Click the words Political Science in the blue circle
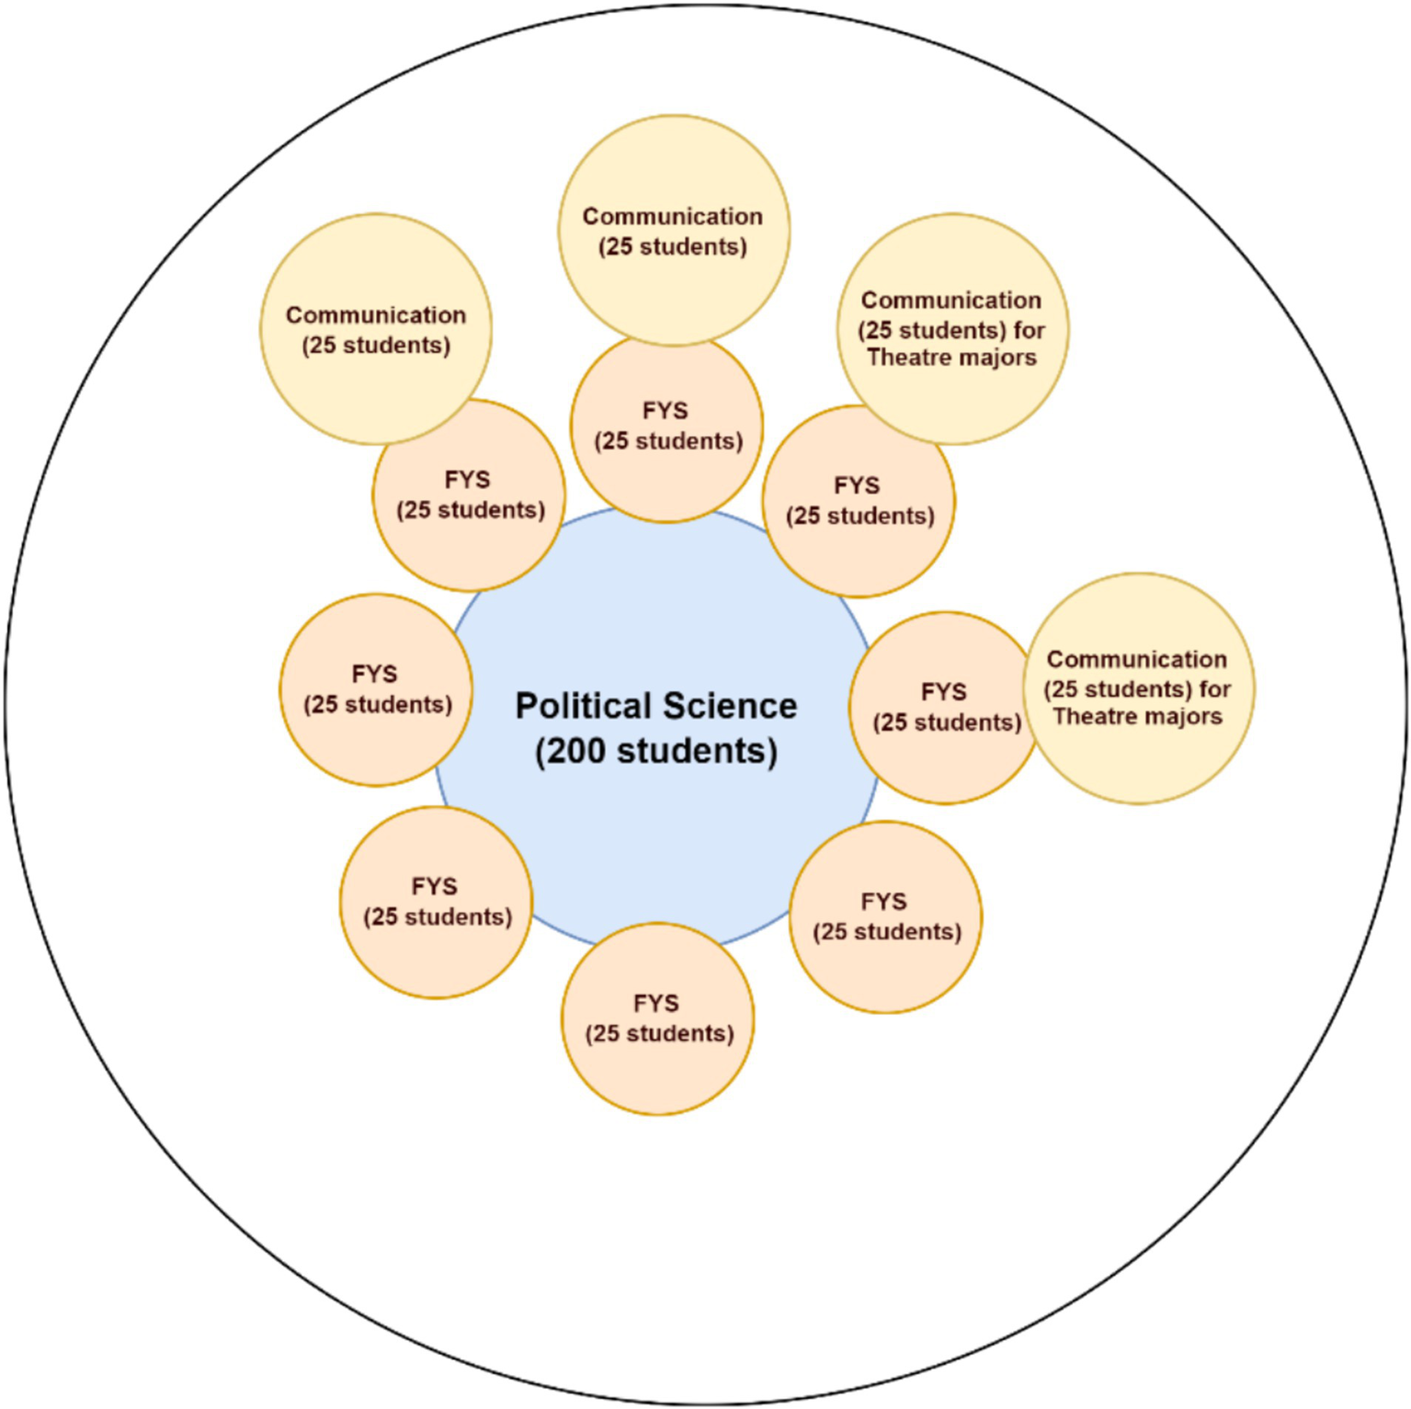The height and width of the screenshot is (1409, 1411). [x=655, y=706]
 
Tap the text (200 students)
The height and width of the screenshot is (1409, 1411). [x=655, y=751]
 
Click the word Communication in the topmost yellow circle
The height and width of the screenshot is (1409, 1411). [x=672, y=217]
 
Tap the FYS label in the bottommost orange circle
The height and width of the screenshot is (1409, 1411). [x=655, y=1003]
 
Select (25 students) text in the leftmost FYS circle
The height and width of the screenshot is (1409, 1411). [x=378, y=705]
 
